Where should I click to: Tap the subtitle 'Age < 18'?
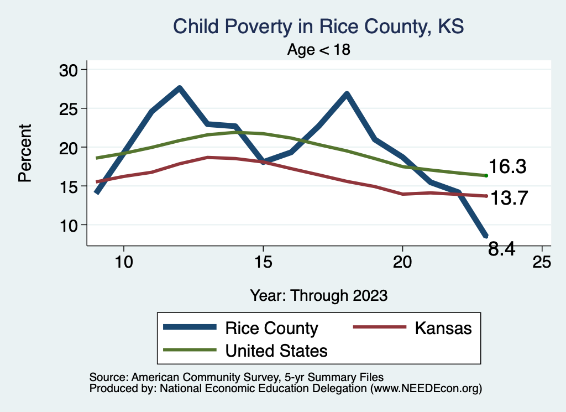pyautogui.click(x=319, y=50)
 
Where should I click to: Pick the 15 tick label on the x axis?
pyautogui.click(x=263, y=262)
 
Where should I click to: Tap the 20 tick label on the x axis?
pyautogui.click(x=402, y=262)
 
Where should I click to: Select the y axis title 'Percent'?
pyautogui.click(x=24, y=153)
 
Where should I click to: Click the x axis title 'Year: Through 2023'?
pyautogui.click(x=318, y=295)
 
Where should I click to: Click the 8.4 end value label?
pyautogui.click(x=502, y=249)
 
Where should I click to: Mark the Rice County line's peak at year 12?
pyautogui.click(x=179, y=88)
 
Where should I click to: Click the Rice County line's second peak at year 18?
pyautogui.click(x=347, y=94)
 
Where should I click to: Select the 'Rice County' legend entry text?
pyautogui.click(x=271, y=328)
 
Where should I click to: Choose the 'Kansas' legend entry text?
pyautogui.click(x=443, y=328)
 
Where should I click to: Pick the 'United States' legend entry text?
pyautogui.click(x=276, y=350)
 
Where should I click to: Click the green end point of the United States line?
pyautogui.click(x=486, y=175)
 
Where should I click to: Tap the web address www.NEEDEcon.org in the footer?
pyautogui.click(x=425, y=389)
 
